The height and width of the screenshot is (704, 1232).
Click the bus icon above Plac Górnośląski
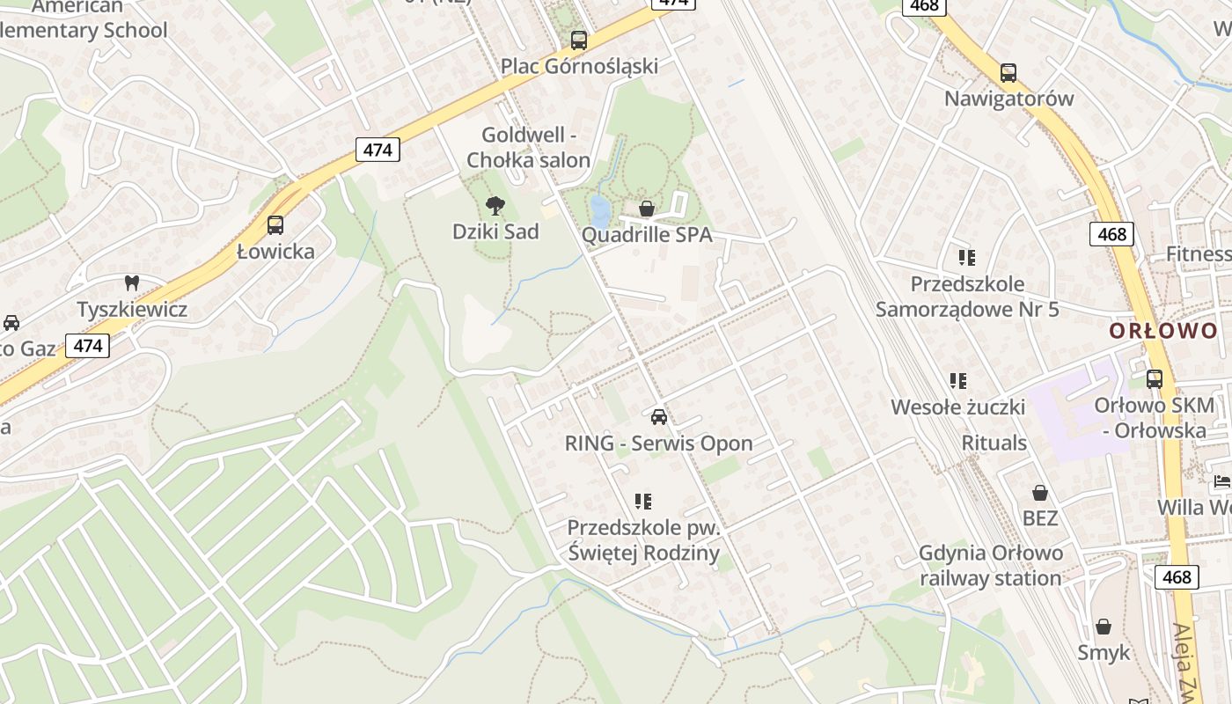click(x=578, y=40)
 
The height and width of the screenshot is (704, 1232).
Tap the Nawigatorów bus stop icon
click(x=1008, y=72)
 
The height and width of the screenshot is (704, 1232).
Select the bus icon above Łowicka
click(x=275, y=225)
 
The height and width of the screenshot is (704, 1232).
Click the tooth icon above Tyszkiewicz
click(x=132, y=283)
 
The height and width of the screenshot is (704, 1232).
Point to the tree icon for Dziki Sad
click(x=495, y=206)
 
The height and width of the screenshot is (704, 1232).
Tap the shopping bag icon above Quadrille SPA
click(x=647, y=209)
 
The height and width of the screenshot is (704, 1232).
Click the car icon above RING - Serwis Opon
click(x=659, y=416)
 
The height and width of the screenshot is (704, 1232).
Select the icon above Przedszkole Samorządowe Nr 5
click(x=967, y=258)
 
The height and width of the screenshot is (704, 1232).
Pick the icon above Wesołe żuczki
click(x=958, y=381)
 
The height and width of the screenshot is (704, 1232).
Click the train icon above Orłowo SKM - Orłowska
click(x=1155, y=379)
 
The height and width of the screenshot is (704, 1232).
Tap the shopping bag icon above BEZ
click(x=1040, y=493)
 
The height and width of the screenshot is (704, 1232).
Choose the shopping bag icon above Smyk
click(x=1104, y=627)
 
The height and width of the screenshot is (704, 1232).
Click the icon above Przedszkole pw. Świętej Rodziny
click(x=643, y=502)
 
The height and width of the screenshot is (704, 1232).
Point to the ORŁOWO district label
click(x=1163, y=332)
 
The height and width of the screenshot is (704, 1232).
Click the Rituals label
click(x=994, y=443)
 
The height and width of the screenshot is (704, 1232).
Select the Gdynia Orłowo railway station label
click(x=991, y=566)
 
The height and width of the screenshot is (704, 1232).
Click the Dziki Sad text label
click(x=495, y=231)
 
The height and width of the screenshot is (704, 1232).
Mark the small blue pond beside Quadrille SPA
click(x=599, y=211)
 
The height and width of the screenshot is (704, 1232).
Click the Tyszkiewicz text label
click(x=132, y=310)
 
